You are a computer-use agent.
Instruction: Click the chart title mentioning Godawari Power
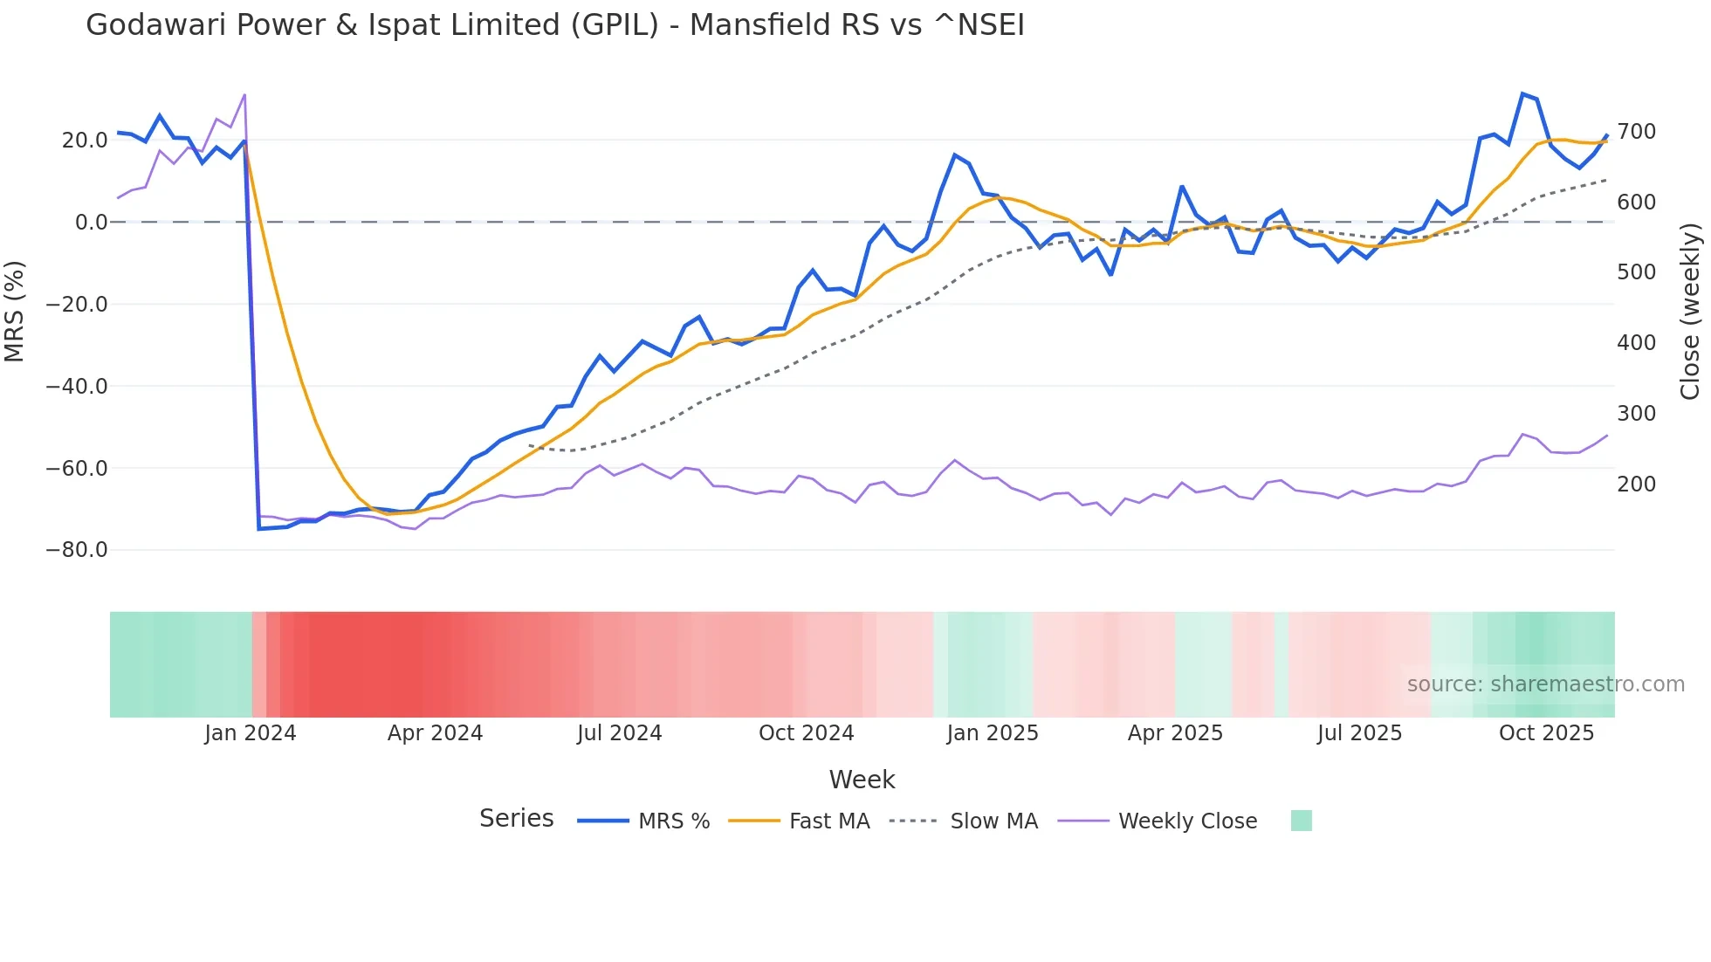[x=555, y=25]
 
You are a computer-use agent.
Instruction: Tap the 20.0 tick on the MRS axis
[x=85, y=141]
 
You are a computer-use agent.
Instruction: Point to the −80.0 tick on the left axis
[x=77, y=550]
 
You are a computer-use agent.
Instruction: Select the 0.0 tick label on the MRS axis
[x=92, y=223]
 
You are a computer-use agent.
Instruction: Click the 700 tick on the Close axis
[x=1637, y=132]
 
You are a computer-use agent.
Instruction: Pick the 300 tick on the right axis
[x=1637, y=414]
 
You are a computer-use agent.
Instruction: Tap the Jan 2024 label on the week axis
[x=251, y=733]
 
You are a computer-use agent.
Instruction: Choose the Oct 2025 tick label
[x=1546, y=733]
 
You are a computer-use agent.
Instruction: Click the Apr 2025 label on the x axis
[x=1175, y=733]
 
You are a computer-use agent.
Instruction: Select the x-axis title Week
[x=862, y=780]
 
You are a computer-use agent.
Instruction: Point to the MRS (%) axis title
[x=15, y=312]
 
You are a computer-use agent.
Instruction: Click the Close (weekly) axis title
[x=1691, y=312]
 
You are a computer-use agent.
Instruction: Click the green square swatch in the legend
[x=1301, y=821]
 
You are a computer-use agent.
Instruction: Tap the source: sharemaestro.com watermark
[x=1545, y=684]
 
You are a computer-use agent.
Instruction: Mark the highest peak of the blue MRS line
[x=1522, y=93]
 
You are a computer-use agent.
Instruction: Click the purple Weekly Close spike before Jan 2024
[x=244, y=94]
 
